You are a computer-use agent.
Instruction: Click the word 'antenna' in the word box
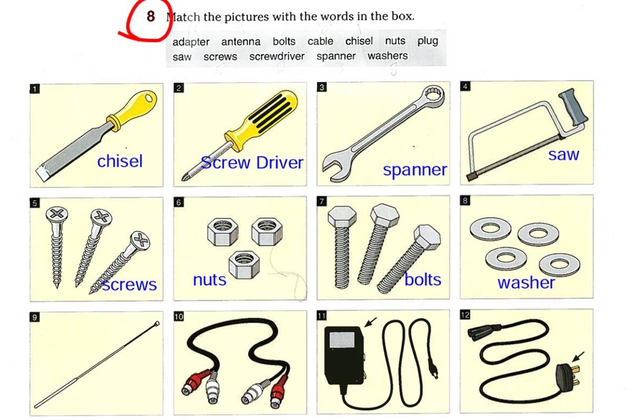coord(241,42)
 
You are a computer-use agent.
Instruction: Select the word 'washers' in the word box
coord(388,56)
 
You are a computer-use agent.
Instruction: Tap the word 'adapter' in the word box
coord(191,42)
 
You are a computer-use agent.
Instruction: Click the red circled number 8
coord(151,16)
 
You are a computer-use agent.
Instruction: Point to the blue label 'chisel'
coord(120,161)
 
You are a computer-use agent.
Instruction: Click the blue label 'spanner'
coord(415,170)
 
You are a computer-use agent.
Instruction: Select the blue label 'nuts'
coord(210,280)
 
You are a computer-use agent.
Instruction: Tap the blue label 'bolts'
coord(422,279)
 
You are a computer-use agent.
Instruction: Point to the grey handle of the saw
coord(574,107)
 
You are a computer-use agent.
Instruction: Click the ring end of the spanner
coord(433,95)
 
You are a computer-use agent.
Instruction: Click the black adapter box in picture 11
coord(344,355)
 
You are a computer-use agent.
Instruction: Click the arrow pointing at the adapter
coord(370,322)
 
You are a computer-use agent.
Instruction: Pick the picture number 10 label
coord(179,316)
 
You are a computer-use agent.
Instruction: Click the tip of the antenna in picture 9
coord(157,324)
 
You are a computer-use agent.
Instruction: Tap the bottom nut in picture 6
coord(244,265)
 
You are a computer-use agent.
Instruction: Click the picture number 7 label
coord(322,201)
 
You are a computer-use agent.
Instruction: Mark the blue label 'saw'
coord(564,155)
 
